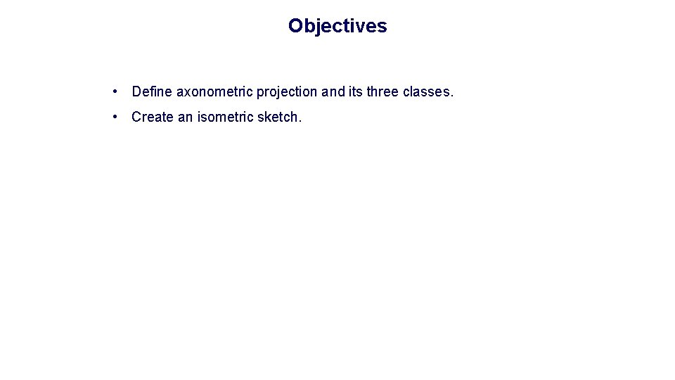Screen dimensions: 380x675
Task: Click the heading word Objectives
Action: coord(337,26)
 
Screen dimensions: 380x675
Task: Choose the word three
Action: coord(382,91)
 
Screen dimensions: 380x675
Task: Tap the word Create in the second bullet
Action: coord(153,117)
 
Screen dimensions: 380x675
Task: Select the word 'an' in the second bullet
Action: coord(185,117)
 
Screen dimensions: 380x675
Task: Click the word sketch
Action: coord(278,117)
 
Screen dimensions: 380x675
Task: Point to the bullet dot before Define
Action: coord(115,91)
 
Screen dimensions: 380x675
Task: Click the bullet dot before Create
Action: coord(115,117)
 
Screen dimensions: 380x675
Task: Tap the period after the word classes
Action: coord(452,95)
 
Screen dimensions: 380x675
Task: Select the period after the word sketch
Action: coord(300,120)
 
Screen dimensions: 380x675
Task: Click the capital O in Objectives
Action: coord(295,26)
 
